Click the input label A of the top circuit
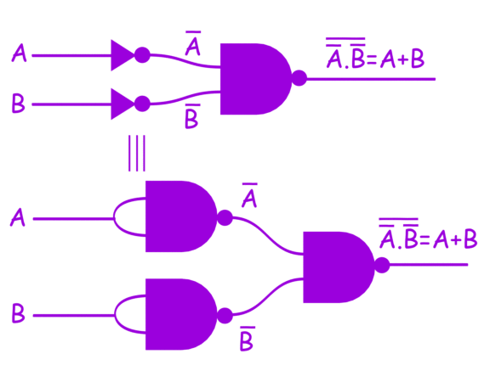[19, 56]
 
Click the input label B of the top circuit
[18, 104]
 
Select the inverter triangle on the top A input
[122, 56]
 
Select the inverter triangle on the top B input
[122, 104]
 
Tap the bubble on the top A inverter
[142, 55]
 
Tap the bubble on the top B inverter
[142, 104]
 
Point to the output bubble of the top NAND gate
[299, 79]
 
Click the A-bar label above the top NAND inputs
[192, 44]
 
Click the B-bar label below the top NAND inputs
[191, 118]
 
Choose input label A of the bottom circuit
[18, 218]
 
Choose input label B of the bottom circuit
[18, 314]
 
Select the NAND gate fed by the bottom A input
[179, 216]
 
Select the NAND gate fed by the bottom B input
[179, 314]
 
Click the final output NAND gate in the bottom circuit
[337, 267]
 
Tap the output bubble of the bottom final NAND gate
[382, 266]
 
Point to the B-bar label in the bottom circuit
[247, 340]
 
